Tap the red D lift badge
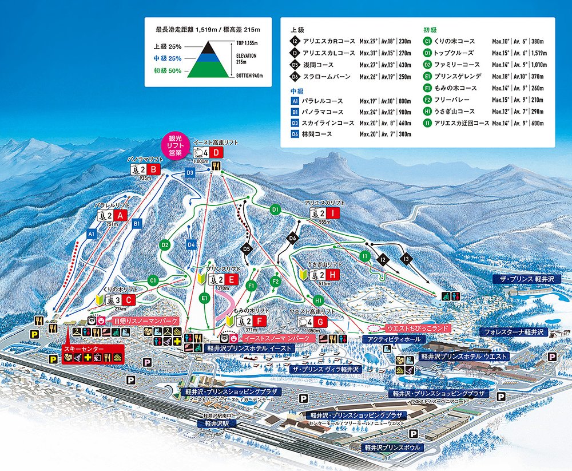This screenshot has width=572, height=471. click(216, 153)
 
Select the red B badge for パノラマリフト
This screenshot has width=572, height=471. click(154, 169)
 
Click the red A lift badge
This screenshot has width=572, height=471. click(120, 215)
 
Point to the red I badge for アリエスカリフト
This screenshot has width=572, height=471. click(334, 212)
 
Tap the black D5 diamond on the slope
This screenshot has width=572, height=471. click(247, 249)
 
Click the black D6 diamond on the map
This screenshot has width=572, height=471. click(293, 238)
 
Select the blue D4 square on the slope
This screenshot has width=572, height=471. click(192, 246)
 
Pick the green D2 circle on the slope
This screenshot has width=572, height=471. click(165, 245)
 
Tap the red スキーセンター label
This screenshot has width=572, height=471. click(83, 349)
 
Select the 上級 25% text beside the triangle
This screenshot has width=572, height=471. click(167, 46)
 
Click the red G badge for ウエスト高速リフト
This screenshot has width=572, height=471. click(321, 322)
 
